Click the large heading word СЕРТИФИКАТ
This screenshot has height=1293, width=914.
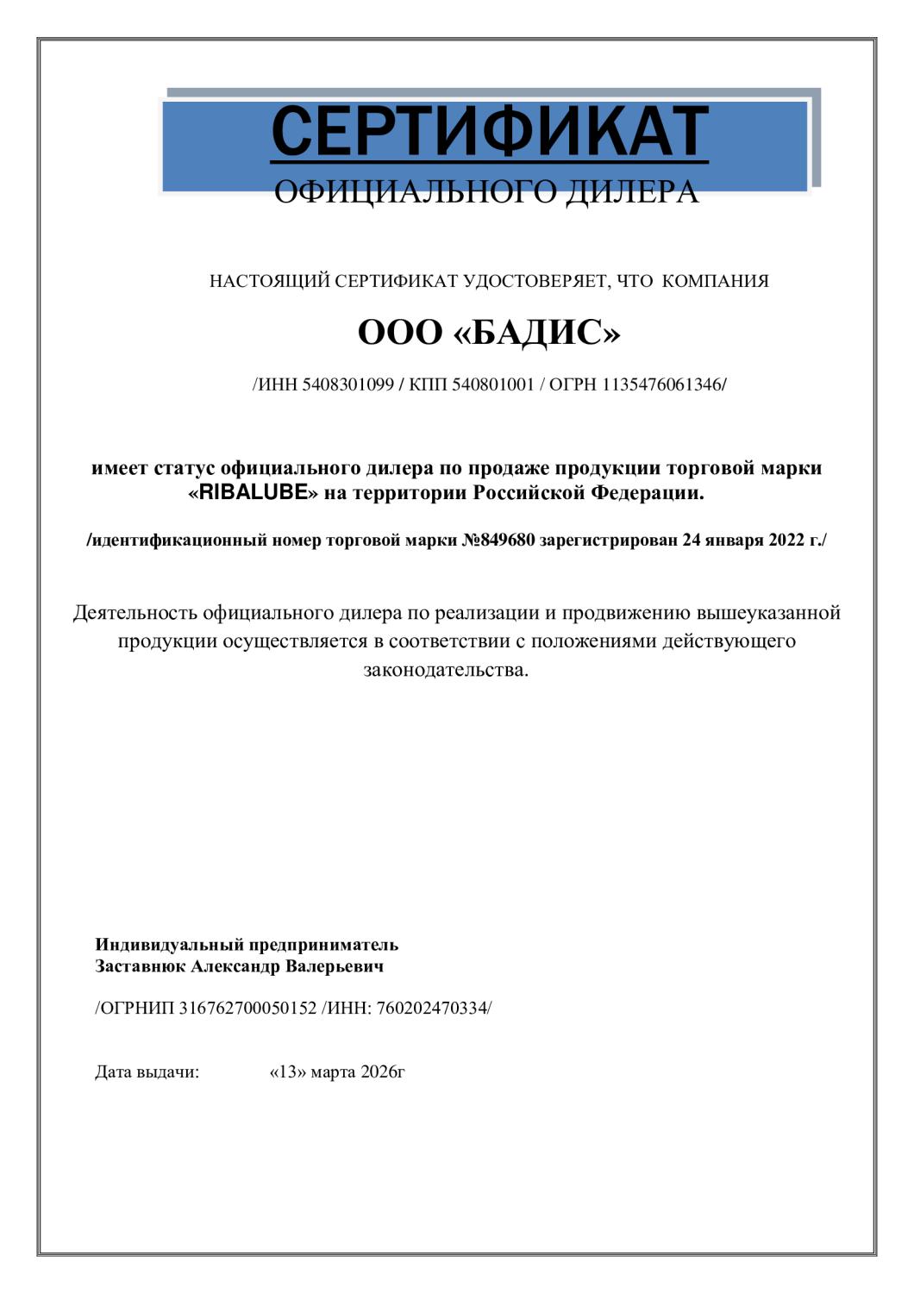pyautogui.click(x=490, y=132)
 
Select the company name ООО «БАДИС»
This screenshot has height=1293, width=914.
pyautogui.click(x=489, y=333)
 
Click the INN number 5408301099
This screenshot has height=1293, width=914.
pyautogui.click(x=348, y=384)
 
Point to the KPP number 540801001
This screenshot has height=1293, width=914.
pyautogui.click(x=492, y=384)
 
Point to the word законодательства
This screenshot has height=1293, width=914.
pyautogui.click(x=445, y=670)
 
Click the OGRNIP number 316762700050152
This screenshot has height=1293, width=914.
pyautogui.click(x=247, y=1008)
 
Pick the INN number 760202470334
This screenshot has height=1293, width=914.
pyautogui.click(x=432, y=1008)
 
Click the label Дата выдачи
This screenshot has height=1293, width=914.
pyautogui.click(x=147, y=1072)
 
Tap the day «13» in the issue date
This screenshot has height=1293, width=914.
pyautogui.click(x=288, y=1072)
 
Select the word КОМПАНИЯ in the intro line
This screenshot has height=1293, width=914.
pyautogui.click(x=716, y=281)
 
